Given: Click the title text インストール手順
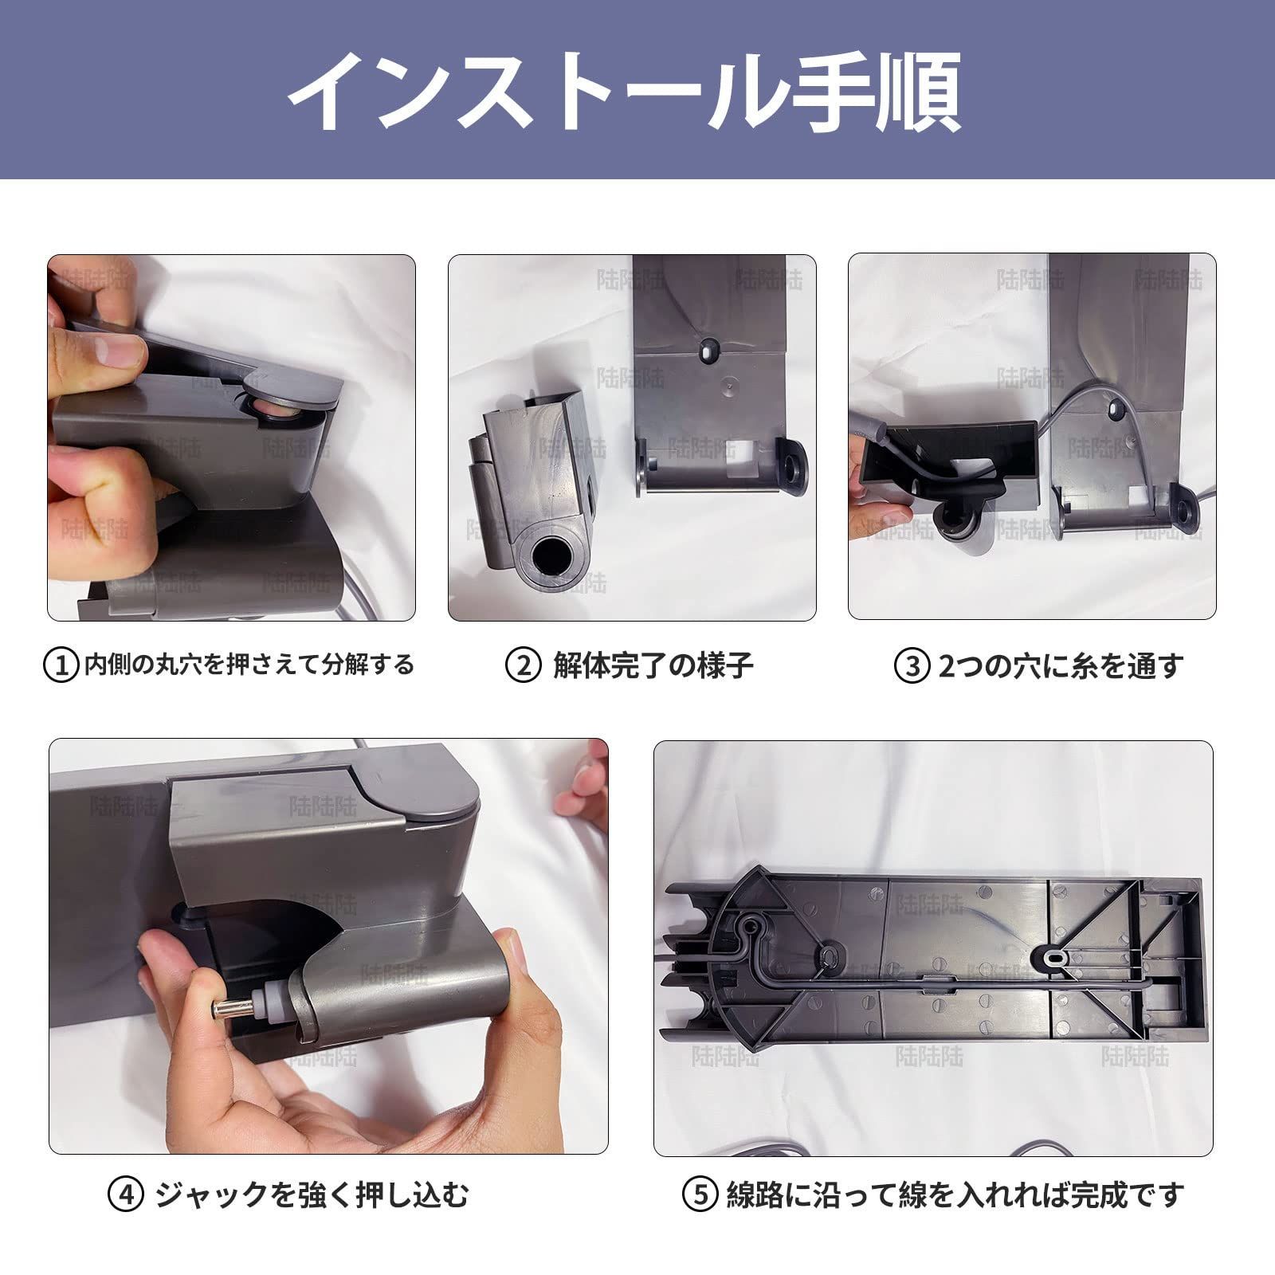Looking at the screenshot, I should click(x=623, y=92).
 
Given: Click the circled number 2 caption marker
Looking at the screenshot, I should click(x=524, y=665).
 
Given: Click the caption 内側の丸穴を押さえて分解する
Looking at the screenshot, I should click(x=249, y=665).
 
